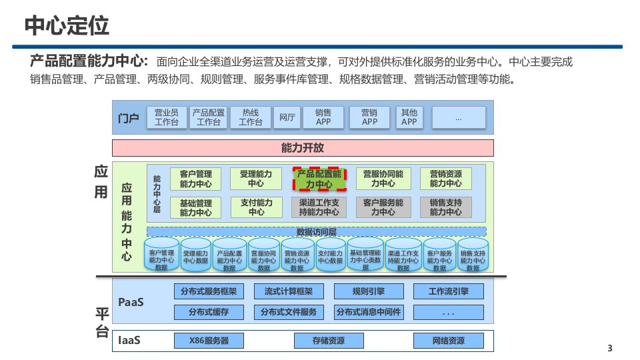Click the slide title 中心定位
67,27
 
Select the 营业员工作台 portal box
167,117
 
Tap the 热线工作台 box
251,117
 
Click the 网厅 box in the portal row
287,117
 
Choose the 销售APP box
324,117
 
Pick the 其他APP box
409,117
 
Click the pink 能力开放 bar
303,148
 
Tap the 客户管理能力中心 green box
196,179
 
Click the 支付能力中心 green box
256,207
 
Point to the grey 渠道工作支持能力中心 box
319,207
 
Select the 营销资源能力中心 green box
446,179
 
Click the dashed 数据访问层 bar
316,232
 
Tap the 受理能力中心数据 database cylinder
196,257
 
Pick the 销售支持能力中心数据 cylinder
473,257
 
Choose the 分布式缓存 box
209,312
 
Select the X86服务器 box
209,341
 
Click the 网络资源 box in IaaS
448,341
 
